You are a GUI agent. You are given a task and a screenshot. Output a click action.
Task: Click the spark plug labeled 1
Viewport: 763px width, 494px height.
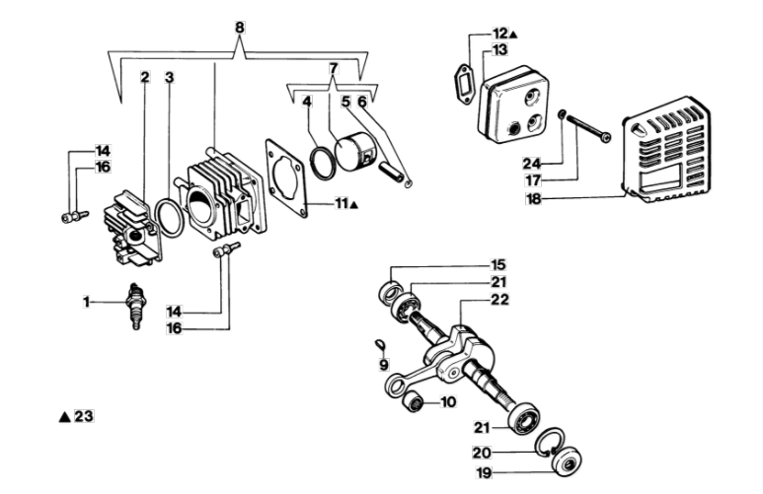pos(134,307)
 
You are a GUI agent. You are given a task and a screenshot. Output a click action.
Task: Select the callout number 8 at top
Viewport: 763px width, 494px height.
pos(240,28)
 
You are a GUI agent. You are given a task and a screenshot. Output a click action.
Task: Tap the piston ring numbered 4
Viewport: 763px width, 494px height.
pos(322,163)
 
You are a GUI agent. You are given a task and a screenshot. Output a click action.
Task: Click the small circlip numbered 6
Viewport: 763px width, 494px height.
pos(409,183)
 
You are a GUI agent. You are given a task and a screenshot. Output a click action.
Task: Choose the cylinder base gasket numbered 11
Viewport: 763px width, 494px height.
pos(286,177)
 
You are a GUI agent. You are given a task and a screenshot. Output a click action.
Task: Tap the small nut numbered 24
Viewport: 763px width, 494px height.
pos(562,114)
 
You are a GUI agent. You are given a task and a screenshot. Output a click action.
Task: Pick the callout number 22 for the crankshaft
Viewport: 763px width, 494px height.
pos(499,300)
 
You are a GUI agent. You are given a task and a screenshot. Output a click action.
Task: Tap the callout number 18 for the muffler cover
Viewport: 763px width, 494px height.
pos(534,199)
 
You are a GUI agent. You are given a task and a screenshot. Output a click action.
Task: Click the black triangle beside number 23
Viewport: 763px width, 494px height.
pos(65,417)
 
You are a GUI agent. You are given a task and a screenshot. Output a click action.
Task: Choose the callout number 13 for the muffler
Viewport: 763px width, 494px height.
pos(499,49)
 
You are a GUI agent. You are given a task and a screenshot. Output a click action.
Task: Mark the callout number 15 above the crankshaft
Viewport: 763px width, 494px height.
pos(498,265)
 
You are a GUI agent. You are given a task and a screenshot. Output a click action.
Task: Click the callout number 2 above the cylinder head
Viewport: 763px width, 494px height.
pos(144,77)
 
